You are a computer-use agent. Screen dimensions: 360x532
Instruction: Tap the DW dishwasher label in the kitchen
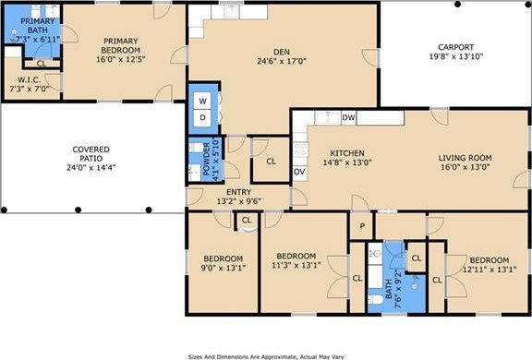pyautogui.click(x=348, y=117)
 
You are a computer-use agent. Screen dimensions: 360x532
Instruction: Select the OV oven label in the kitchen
pyautogui.click(x=299, y=172)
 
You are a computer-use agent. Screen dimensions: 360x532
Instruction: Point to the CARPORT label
pyautogui.click(x=455, y=47)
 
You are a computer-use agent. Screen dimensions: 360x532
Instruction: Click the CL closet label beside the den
pyautogui.click(x=271, y=162)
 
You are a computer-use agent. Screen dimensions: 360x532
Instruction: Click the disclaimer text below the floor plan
pyautogui.click(x=266, y=354)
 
